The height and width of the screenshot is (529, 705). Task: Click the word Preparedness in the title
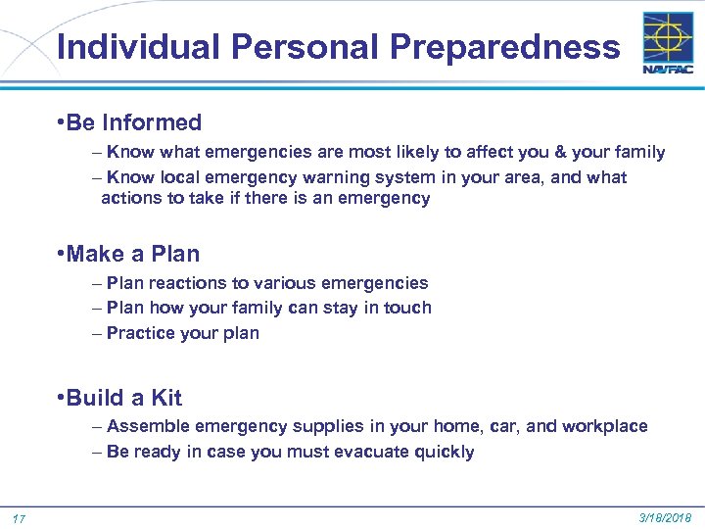tap(505, 47)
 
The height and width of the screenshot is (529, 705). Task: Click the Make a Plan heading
tap(133, 254)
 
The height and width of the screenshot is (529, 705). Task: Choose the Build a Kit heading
tap(124, 398)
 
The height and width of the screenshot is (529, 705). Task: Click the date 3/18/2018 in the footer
tap(665, 516)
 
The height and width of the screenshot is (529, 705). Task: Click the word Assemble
tap(149, 426)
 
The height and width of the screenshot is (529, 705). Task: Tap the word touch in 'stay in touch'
tap(406, 308)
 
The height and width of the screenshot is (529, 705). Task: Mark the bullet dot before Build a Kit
tap(61, 398)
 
